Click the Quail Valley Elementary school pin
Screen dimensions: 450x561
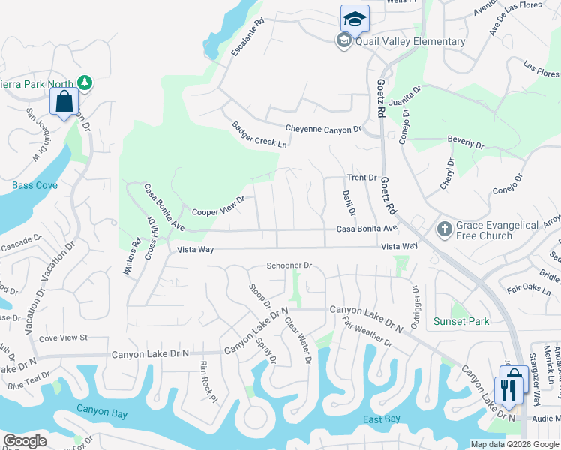pos(355,18)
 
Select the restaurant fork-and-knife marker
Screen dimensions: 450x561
pos(508,388)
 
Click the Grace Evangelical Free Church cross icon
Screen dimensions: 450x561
pos(444,229)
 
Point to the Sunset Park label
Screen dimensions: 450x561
pos(461,321)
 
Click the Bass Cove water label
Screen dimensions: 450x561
pos(34,185)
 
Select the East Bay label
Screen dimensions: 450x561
pos(382,418)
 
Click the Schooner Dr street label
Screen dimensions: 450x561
pos(289,265)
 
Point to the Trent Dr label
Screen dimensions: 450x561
pos(361,178)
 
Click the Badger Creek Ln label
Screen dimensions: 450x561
pos(259,134)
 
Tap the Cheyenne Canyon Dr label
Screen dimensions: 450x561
pos(323,130)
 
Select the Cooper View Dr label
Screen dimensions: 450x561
pos(219,207)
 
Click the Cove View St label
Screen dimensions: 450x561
pos(64,338)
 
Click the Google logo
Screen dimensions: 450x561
pos(25,441)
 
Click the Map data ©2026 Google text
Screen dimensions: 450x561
pos(514,444)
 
